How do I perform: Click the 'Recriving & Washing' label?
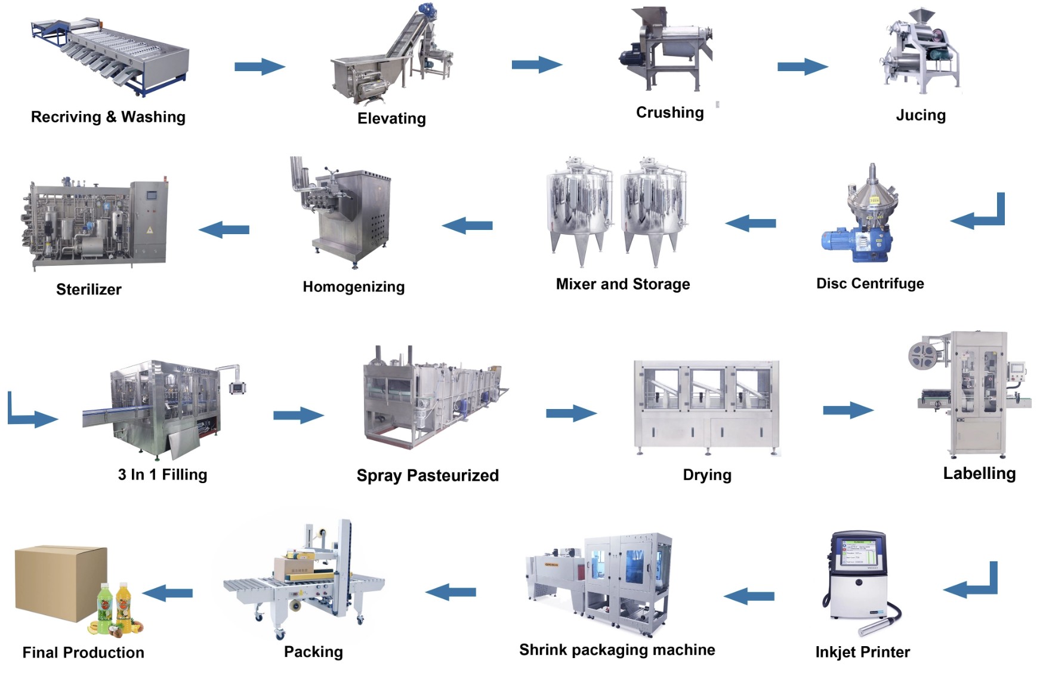pos(108,117)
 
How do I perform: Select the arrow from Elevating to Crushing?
pos(536,64)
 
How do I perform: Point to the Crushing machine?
pos(668,51)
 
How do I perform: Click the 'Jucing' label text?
pos(921,115)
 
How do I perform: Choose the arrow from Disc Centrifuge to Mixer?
pos(751,224)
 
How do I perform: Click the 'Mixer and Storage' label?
pos(622,284)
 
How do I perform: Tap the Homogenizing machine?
pos(346,212)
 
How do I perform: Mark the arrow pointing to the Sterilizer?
pos(224,229)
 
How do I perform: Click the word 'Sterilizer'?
pos(89,290)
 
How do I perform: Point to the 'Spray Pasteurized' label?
pos(427,475)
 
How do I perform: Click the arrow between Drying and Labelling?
pos(848,410)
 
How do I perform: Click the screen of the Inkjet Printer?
pos(859,552)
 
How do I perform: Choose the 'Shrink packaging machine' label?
pos(617,650)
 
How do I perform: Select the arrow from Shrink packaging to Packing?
pos(450,592)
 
